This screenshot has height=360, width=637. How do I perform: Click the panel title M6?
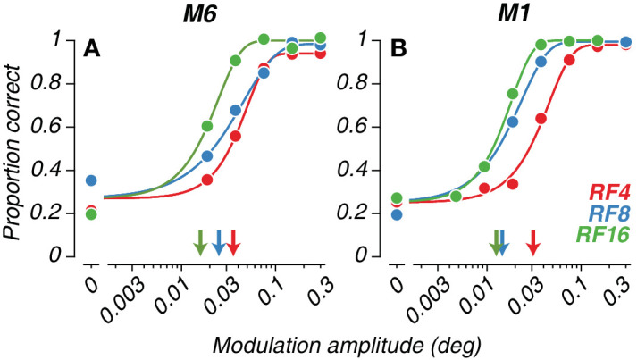(199, 14)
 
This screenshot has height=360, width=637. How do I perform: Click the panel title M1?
(515, 14)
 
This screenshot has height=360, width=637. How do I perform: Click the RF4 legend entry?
(609, 192)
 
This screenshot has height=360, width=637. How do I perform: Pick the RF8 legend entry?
(609, 213)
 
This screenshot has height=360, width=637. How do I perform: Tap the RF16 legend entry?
(603, 234)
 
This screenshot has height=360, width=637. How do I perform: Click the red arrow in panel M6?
(233, 243)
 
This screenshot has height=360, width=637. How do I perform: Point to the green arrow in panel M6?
(200, 243)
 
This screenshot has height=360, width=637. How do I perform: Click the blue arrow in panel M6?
(219, 243)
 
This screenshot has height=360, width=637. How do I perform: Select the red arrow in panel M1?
(533, 243)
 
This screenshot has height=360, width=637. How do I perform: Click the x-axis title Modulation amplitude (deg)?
(347, 346)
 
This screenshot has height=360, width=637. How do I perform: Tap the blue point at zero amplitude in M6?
(91, 180)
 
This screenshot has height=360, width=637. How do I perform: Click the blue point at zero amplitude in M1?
(398, 214)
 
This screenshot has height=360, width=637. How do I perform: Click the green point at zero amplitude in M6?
(91, 214)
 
